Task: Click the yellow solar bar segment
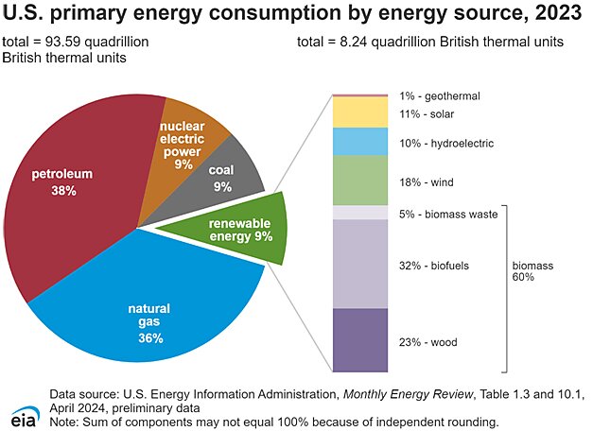click(360, 112)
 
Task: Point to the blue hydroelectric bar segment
click(360, 142)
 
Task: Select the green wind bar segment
click(360, 180)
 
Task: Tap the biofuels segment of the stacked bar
click(360, 265)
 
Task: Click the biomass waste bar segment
click(360, 214)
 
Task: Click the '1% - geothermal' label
click(440, 96)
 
